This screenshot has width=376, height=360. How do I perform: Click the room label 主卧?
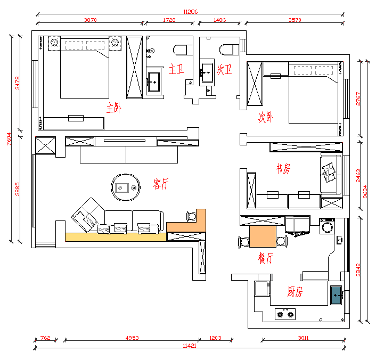pyautogui.click(x=113, y=109)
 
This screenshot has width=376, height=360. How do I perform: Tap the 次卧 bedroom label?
pyautogui.click(x=266, y=117)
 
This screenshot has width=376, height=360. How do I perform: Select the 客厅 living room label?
pyautogui.click(x=160, y=184)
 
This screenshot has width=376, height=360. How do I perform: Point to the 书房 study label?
pyautogui.click(x=283, y=169)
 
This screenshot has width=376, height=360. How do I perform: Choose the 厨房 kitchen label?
pyautogui.click(x=295, y=292)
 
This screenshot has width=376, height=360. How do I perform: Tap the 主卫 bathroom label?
pyautogui.click(x=176, y=69)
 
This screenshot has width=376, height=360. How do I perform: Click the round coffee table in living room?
pyautogui.click(x=126, y=187)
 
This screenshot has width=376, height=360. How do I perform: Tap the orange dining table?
pyautogui.click(x=262, y=236)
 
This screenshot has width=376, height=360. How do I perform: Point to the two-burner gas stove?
pyautogui.click(x=284, y=314)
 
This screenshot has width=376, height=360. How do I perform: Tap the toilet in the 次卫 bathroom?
pyautogui.click(x=227, y=50)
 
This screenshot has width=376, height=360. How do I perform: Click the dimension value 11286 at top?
pyautogui.click(x=190, y=11)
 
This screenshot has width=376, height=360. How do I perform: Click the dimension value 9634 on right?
pyautogui.click(x=366, y=191)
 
